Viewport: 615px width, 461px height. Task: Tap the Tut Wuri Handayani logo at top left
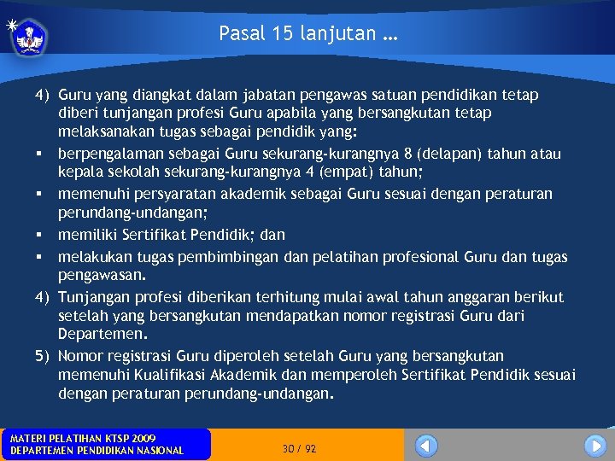click(x=31, y=37)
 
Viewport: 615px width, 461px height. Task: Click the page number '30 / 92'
click(x=299, y=448)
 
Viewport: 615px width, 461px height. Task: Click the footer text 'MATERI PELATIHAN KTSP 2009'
click(x=83, y=438)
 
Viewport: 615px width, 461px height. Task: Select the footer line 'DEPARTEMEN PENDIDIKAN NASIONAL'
click(x=97, y=451)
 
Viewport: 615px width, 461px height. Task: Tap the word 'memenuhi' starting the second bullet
click(x=88, y=195)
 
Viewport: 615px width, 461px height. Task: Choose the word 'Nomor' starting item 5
click(x=80, y=356)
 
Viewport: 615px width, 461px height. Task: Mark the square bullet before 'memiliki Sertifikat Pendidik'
click(x=40, y=234)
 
